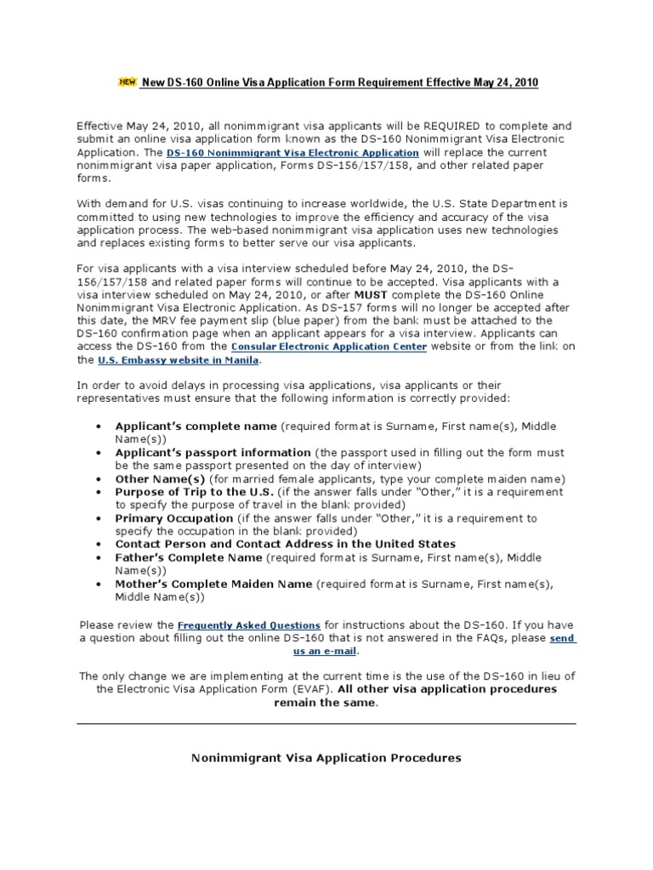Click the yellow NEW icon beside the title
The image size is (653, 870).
126,82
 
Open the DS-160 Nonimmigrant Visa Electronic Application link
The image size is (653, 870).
292,153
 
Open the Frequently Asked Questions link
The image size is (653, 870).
248,624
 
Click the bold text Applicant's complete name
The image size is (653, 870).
196,426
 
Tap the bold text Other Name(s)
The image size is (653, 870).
160,479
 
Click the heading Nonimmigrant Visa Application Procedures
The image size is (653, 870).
326,757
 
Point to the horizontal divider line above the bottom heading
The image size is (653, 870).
326,723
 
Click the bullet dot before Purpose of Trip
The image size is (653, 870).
99,493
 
